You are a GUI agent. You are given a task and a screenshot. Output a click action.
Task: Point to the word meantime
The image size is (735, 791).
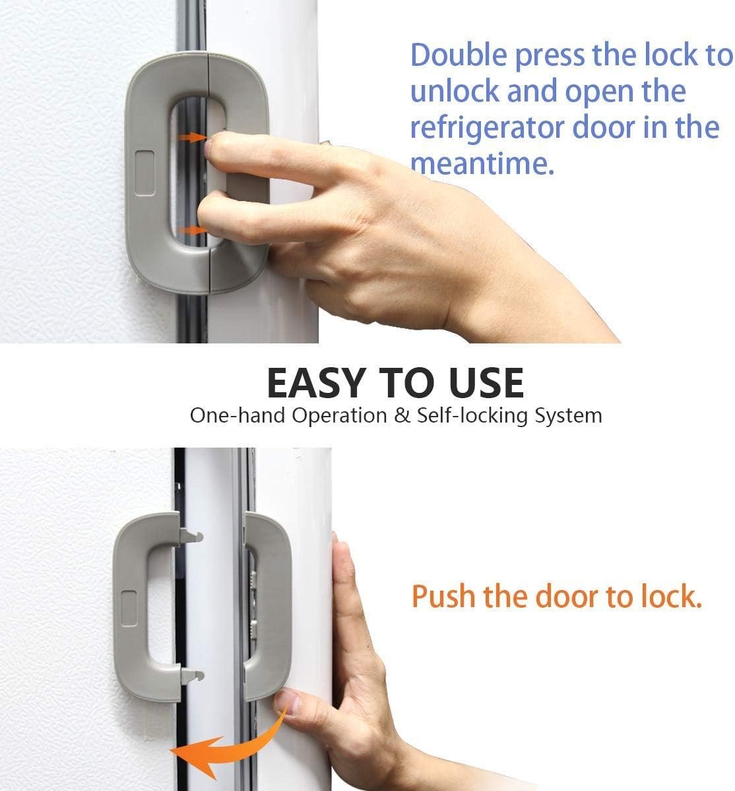(482, 163)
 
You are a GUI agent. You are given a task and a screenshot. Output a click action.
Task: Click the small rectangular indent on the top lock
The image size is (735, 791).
(144, 173)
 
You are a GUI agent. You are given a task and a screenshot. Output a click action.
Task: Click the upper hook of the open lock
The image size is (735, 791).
(192, 535)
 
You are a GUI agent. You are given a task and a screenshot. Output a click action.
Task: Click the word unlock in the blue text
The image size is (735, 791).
(453, 92)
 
